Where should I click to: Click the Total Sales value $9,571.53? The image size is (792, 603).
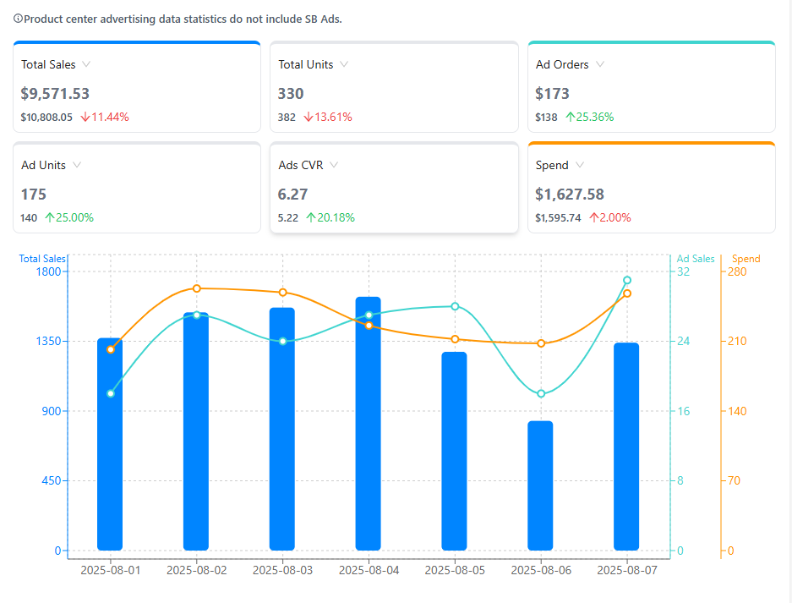[56, 94]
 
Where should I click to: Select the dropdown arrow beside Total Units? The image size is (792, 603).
[344, 64]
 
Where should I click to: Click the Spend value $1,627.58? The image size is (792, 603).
[570, 195]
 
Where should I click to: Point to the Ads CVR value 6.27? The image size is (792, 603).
[292, 195]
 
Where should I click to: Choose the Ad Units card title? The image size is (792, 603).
[43, 165]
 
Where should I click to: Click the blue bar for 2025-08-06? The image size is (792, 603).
[540, 485]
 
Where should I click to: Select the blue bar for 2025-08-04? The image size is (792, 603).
[368, 423]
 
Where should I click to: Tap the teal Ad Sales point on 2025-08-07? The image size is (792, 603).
[627, 280]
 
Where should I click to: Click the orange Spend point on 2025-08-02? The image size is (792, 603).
[196, 288]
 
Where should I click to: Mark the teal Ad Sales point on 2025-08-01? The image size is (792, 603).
[111, 393]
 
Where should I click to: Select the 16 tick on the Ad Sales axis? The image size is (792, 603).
[683, 411]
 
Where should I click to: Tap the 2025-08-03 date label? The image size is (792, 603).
[282, 571]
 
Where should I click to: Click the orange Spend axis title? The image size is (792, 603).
[746, 259]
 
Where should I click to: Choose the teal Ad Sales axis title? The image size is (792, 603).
[696, 259]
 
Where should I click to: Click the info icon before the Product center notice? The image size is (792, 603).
[19, 19]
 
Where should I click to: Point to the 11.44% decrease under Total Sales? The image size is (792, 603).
[105, 118]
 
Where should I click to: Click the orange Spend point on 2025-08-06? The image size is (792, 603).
[541, 343]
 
